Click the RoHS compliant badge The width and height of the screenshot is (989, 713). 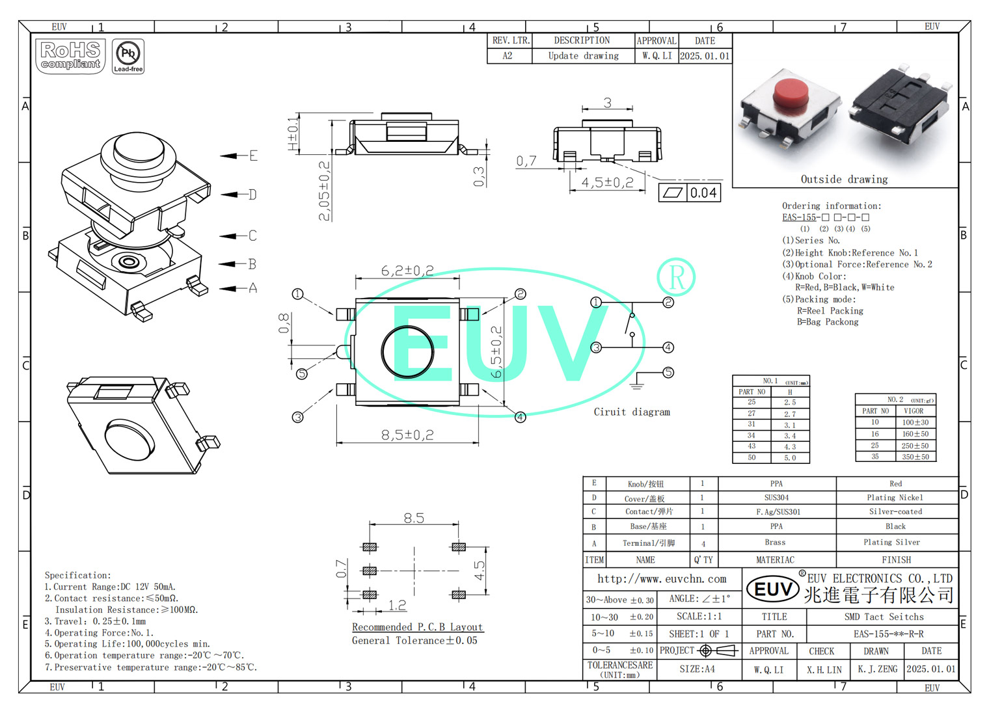[x=71, y=56]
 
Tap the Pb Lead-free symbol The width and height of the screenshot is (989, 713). [x=128, y=56]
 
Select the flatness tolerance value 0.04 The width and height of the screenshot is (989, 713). [x=703, y=193]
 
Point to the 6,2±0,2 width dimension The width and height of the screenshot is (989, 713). [x=407, y=270]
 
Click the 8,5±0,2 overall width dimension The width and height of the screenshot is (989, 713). [x=407, y=435]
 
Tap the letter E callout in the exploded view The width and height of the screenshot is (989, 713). [x=254, y=155]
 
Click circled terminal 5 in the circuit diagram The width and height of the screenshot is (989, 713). [x=668, y=372]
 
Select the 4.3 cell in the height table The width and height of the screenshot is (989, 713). [x=790, y=447]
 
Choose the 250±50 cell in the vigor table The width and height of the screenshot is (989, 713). [x=915, y=446]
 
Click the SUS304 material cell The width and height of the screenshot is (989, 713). [x=776, y=498]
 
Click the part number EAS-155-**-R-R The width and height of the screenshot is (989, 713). [x=888, y=634]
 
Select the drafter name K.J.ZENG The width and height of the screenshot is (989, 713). [x=877, y=669]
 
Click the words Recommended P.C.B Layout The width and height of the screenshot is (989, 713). [x=417, y=627]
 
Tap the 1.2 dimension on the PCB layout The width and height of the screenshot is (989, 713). [x=397, y=605]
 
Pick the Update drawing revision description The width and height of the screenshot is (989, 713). [x=583, y=56]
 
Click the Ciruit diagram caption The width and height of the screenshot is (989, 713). [x=631, y=412]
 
